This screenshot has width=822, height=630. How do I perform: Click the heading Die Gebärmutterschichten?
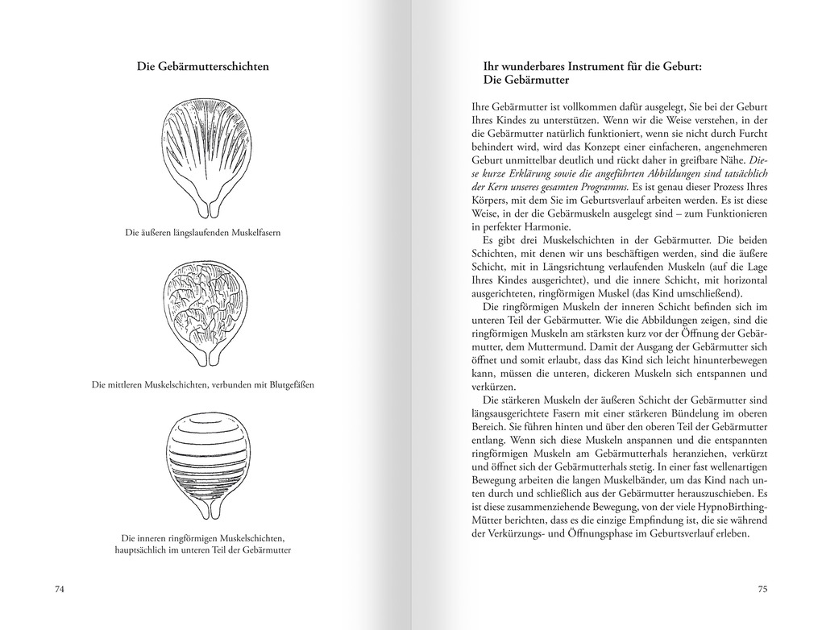[x=202, y=67]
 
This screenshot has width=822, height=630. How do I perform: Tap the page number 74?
[x=59, y=589]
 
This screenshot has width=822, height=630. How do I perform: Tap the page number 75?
[x=762, y=589]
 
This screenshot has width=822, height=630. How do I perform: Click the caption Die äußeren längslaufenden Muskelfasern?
[x=202, y=233]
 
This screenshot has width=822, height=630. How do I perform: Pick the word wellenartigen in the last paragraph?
[x=732, y=466]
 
